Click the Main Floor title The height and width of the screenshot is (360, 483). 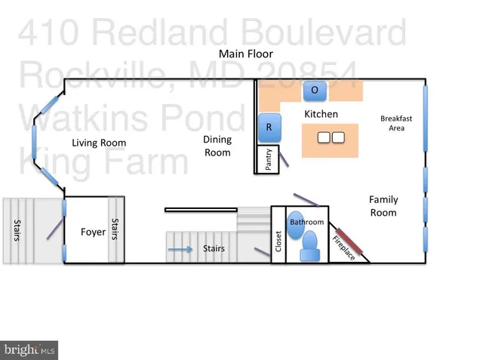[245, 54]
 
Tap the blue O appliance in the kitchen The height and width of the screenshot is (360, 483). [315, 91]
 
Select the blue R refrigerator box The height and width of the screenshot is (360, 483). [268, 128]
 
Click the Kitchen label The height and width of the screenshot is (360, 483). [321, 114]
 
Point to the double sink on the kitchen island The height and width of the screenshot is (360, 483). [331, 138]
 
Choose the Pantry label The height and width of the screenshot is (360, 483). [268, 160]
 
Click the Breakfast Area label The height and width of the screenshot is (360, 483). [396, 123]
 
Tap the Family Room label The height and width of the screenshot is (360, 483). [383, 206]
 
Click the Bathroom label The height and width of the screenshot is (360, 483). [306, 222]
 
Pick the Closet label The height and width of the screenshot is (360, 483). [278, 245]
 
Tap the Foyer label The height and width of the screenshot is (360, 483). [93, 232]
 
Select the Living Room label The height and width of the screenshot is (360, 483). [99, 143]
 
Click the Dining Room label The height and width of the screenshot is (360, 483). [217, 146]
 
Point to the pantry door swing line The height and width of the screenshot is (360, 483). [284, 160]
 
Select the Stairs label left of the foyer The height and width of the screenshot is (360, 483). [16, 231]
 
